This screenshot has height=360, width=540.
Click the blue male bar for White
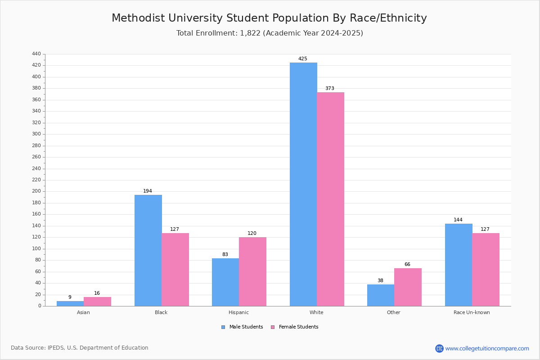click(303, 184)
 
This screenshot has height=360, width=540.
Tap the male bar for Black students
click(148, 250)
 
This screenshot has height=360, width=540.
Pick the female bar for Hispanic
click(252, 271)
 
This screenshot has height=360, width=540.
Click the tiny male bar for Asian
click(70, 303)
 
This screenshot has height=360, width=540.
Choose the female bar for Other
click(408, 287)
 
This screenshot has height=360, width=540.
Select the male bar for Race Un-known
click(459, 265)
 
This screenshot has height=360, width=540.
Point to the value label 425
click(303, 59)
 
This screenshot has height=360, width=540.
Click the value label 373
click(330, 89)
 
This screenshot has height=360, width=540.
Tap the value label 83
click(225, 255)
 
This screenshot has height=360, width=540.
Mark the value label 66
click(407, 265)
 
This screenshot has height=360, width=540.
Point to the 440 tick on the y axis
click(36, 54)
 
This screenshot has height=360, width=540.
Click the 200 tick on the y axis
click(36, 191)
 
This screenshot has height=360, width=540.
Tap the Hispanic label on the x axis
click(238, 312)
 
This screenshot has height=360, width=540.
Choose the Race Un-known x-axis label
click(472, 312)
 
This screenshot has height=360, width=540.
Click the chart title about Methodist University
click(269, 18)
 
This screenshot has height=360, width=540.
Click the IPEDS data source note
click(80, 348)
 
